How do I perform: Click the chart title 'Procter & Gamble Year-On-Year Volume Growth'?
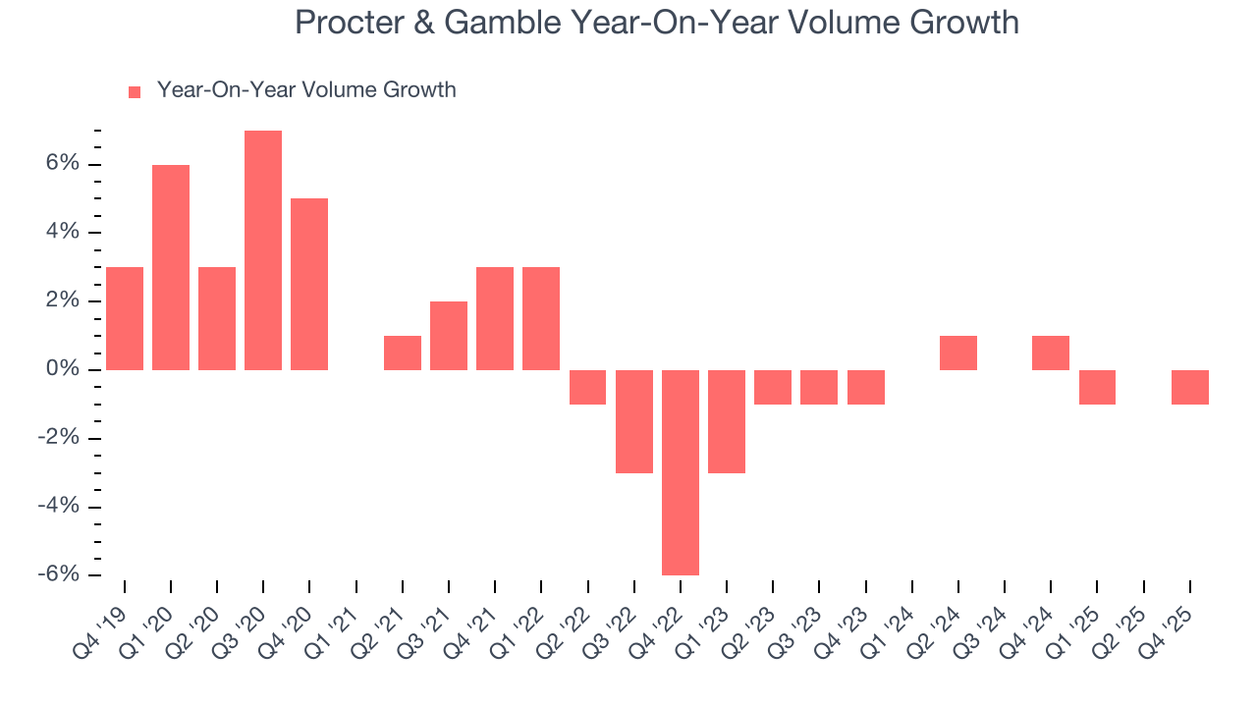pos(656,23)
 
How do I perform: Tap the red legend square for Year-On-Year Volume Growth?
pos(135,91)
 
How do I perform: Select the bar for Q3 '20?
pos(263,250)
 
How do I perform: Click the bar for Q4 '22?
pos(681,472)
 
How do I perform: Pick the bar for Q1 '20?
pos(171,267)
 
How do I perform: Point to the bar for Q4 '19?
pos(125,318)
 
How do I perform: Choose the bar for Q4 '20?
pos(309,284)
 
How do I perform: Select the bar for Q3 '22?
pos(634,421)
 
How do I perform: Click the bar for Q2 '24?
pos(958,353)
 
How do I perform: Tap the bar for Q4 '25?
pos(1190,387)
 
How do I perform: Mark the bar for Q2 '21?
pos(403,353)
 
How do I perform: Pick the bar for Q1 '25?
pos(1097,387)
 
